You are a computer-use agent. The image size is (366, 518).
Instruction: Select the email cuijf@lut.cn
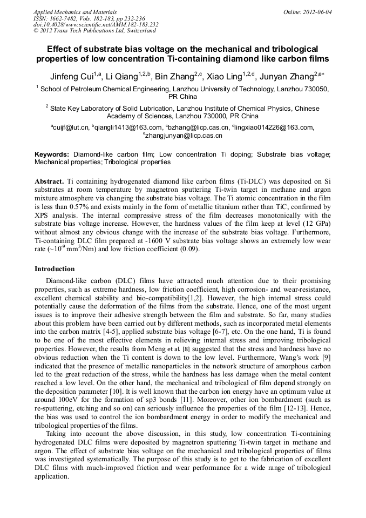(x=70, y=127)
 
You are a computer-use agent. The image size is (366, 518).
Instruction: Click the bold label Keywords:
(x=52, y=154)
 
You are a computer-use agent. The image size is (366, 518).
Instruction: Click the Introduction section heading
(x=55, y=268)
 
